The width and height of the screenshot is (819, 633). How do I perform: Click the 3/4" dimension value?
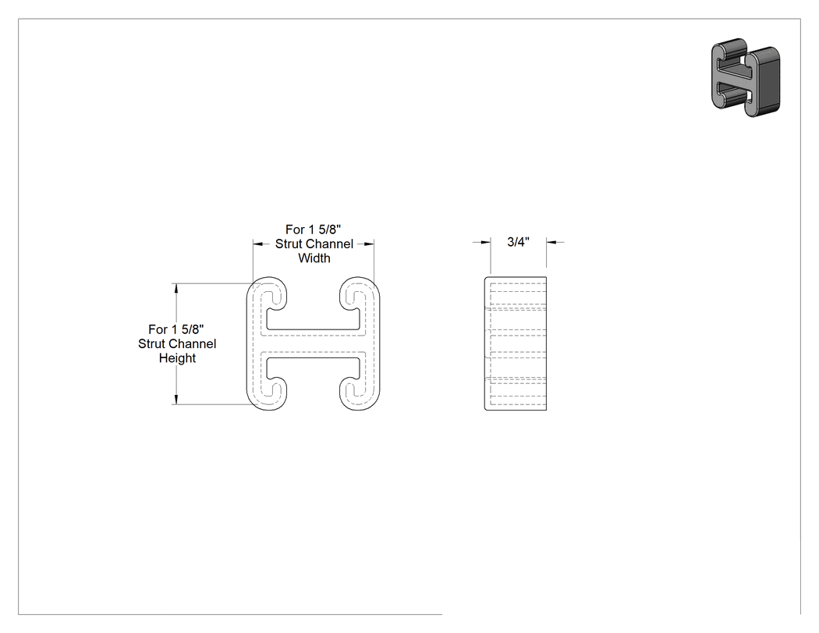coord(518,241)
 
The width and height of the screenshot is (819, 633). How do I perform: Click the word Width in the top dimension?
coord(314,258)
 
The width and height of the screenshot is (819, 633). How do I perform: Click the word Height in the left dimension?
coord(177,358)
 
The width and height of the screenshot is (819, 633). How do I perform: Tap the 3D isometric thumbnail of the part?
coord(746,76)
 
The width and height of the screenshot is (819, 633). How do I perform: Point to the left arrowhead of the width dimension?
coord(258,244)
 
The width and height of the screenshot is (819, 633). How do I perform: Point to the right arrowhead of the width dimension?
coord(369,244)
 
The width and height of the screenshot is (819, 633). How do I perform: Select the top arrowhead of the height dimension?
coord(176,288)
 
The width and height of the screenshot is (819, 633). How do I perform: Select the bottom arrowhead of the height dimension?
coord(176,400)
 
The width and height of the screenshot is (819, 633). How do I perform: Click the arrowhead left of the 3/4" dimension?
coord(486,242)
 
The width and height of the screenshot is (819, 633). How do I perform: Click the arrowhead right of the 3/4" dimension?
coord(551,242)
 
